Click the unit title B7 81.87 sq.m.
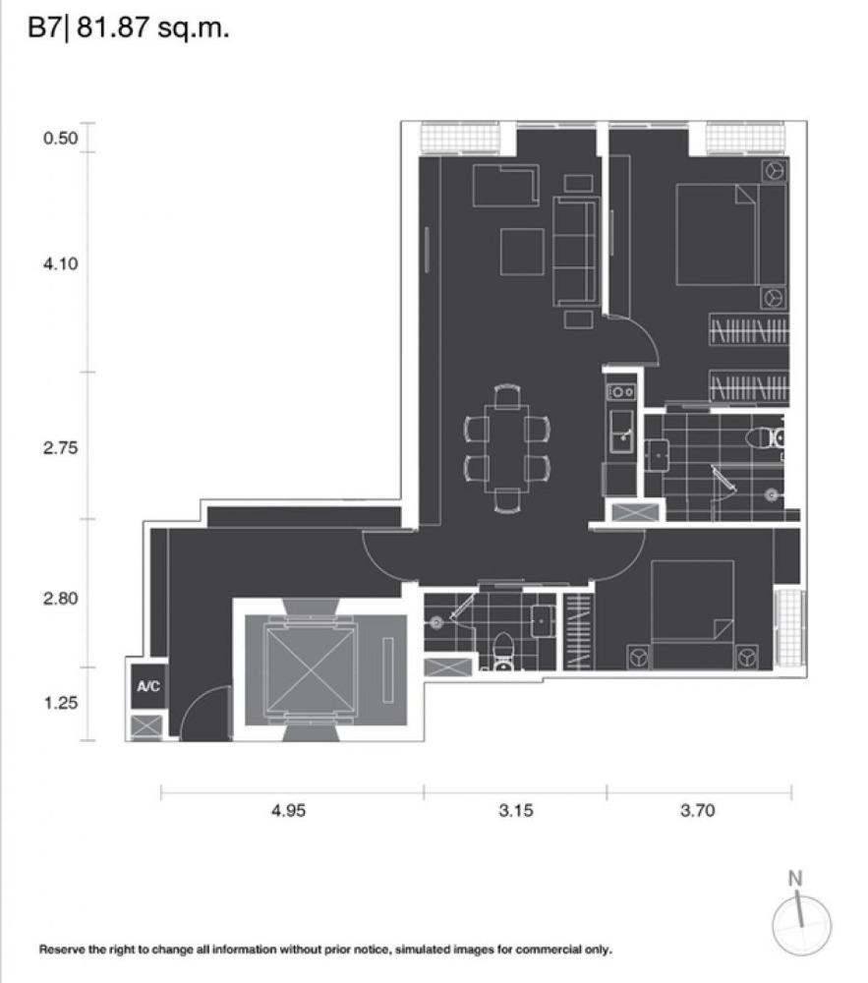pyautogui.click(x=129, y=29)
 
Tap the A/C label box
pyautogui.click(x=148, y=686)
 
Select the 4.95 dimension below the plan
pyautogui.click(x=288, y=811)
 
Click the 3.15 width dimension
pyautogui.click(x=516, y=811)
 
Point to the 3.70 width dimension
pyautogui.click(x=698, y=811)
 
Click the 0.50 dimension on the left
pyautogui.click(x=61, y=138)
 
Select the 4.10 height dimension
pyautogui.click(x=61, y=263)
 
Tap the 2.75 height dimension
pyautogui.click(x=61, y=447)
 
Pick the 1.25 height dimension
pyautogui.click(x=61, y=703)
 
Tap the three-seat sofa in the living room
pyautogui.click(x=575, y=251)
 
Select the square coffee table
pyautogui.click(x=522, y=252)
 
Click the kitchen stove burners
pyautogui.click(x=621, y=392)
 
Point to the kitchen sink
pyautogui.click(x=621, y=432)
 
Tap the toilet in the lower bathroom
pyautogui.click(x=502, y=653)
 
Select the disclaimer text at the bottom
pyautogui.click(x=325, y=950)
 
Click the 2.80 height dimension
pyautogui.click(x=61, y=598)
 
